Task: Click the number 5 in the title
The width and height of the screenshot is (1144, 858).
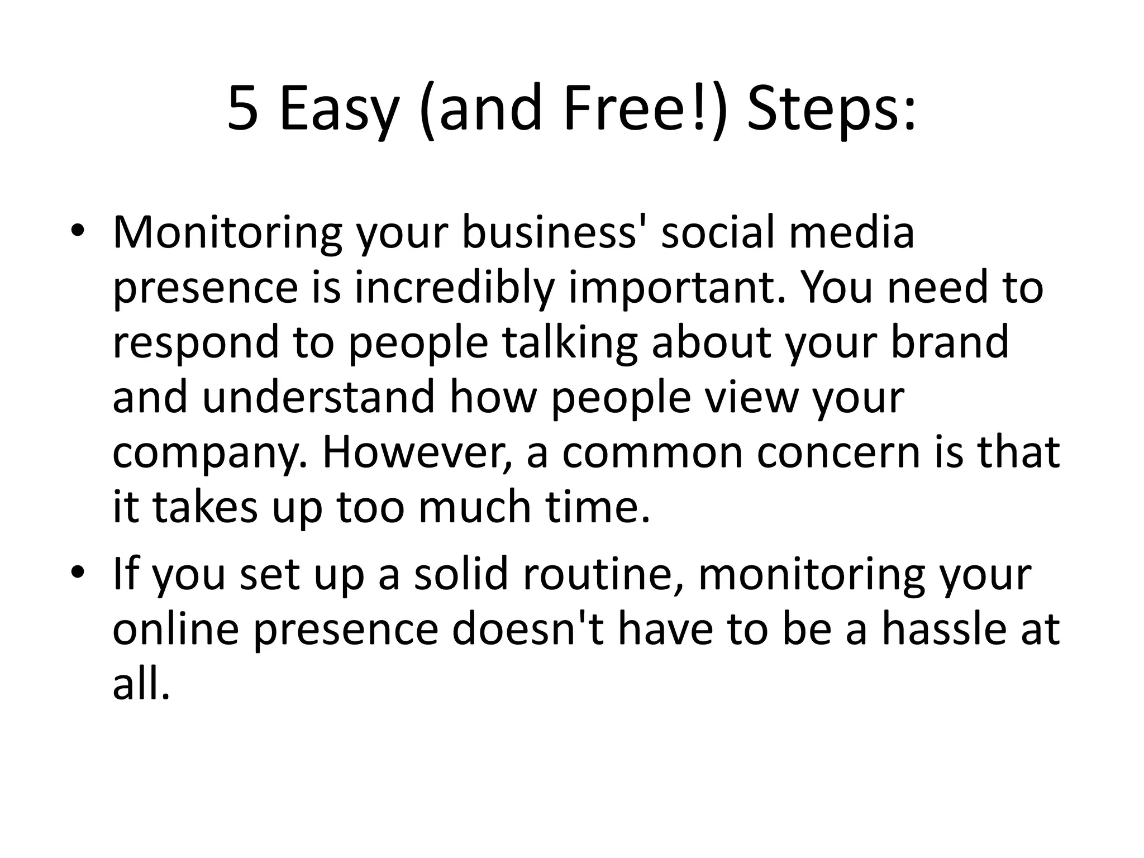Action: coord(244,109)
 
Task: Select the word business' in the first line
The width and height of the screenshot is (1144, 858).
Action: coord(554,232)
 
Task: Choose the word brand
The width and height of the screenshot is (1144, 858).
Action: coord(949,342)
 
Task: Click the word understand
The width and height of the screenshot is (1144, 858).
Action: coord(318,397)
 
